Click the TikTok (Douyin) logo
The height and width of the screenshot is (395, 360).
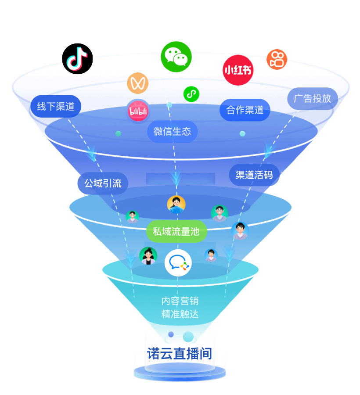77,58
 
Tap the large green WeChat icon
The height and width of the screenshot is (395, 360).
176,57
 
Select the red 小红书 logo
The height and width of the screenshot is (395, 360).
238,70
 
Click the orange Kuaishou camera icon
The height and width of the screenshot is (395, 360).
277,59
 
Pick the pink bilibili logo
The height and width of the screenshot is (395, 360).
138,111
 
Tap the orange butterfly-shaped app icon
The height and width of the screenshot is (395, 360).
138,83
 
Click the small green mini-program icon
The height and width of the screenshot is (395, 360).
191,93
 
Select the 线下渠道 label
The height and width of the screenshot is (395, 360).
56,106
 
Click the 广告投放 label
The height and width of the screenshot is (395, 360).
313,99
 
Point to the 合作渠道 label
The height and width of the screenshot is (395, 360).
245,110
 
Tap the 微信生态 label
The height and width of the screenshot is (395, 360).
173,131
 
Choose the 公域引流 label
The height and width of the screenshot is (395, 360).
103,183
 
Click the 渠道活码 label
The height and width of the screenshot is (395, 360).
254,175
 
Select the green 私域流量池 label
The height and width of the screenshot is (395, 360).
176,231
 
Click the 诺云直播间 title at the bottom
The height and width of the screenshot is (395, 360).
180,354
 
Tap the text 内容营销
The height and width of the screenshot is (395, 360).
180,301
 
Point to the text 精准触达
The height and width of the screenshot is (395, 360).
180,314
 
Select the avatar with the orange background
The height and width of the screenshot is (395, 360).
176,205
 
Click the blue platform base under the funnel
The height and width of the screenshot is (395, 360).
180,374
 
